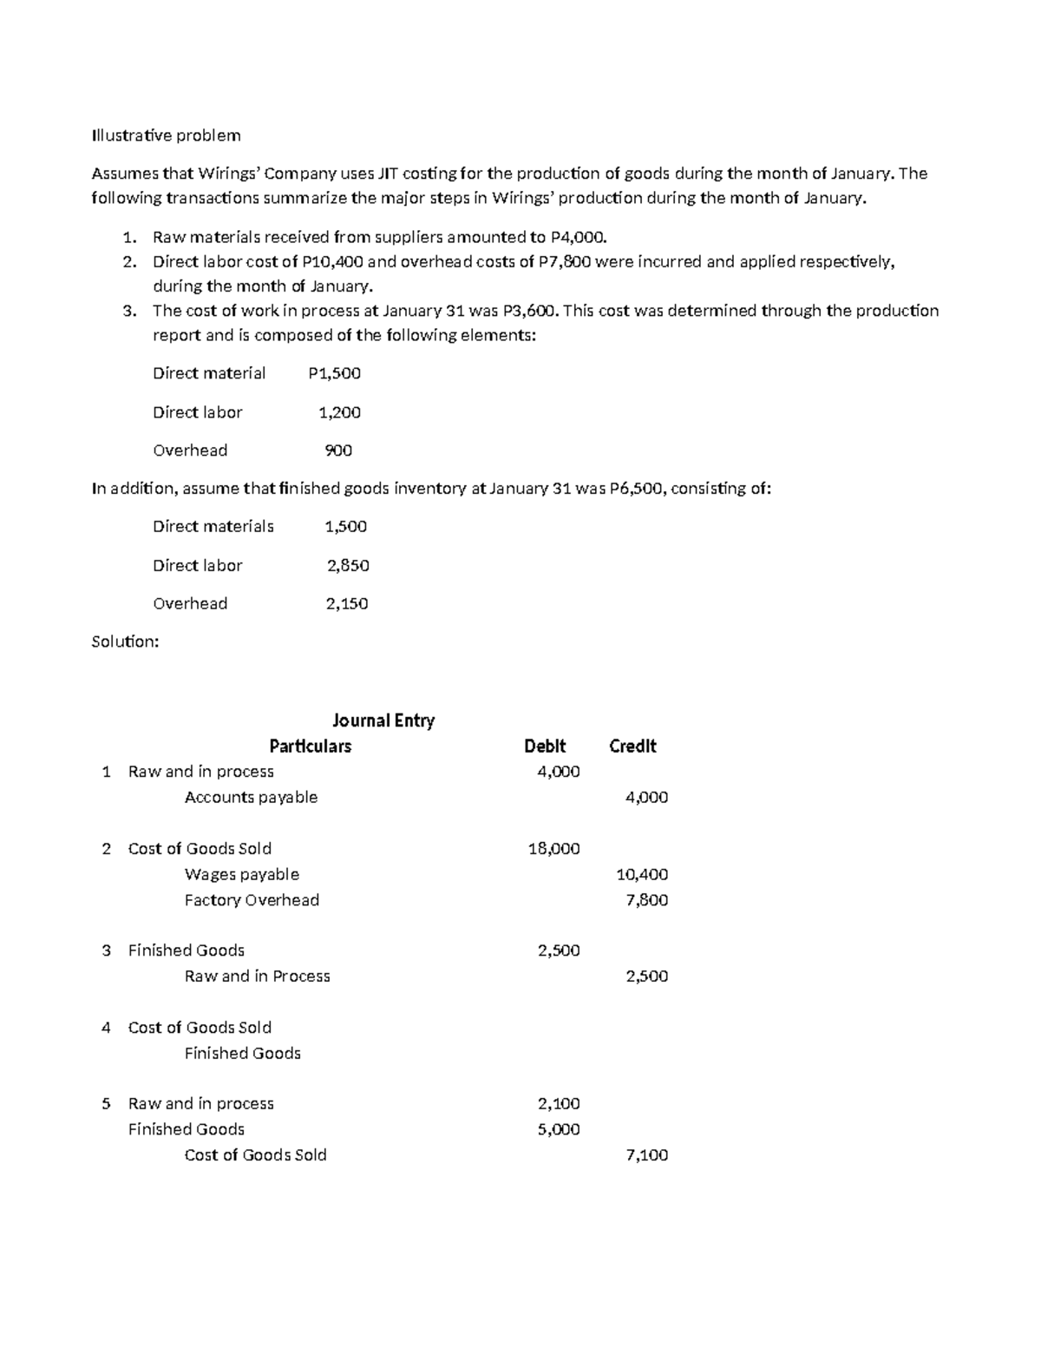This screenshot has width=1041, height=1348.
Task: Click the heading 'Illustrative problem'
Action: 166,135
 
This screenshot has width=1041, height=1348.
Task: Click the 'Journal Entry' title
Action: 383,720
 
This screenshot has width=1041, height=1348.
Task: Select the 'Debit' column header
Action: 545,746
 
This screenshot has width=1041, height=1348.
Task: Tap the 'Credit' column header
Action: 632,746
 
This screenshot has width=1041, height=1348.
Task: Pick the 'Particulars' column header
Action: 310,746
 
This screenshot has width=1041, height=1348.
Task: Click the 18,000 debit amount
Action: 553,849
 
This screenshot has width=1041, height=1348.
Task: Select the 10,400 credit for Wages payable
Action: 641,875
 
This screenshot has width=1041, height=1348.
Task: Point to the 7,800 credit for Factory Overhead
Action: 646,900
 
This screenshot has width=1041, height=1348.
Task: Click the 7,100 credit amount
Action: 646,1155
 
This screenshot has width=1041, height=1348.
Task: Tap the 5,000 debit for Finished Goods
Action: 559,1129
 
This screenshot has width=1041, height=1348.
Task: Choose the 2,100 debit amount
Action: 559,1104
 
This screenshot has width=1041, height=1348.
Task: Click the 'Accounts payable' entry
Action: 251,798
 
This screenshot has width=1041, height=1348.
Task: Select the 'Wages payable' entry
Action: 242,875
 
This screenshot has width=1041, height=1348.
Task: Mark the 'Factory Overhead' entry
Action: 252,900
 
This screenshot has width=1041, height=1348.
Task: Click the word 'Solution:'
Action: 125,642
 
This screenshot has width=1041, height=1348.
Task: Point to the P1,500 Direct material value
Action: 334,374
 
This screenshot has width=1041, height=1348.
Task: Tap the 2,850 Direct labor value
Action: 348,566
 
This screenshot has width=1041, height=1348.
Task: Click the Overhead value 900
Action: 338,450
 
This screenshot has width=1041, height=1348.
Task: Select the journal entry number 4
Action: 106,1028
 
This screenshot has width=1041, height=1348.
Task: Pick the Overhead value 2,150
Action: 347,604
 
